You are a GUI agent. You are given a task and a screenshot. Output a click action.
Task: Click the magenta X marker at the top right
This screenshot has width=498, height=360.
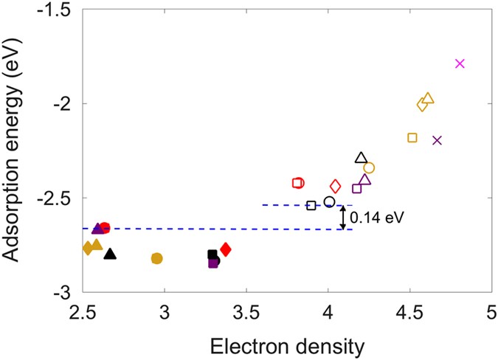[460, 63]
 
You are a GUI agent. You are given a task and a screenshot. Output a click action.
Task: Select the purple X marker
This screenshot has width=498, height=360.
[437, 140]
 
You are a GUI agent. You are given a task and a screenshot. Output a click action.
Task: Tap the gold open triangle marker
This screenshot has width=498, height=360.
[429, 99]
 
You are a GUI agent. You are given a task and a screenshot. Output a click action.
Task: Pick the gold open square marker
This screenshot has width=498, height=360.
[412, 137]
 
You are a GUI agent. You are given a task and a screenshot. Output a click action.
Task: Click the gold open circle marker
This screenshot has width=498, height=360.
[369, 168]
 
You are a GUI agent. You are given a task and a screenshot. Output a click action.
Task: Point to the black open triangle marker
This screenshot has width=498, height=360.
[361, 157]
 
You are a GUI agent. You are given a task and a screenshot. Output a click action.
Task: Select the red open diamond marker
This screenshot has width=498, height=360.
[335, 187]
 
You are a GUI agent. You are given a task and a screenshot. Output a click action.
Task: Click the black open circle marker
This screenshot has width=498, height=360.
[329, 201]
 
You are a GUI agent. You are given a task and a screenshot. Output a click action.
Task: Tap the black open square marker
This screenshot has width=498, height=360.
[311, 205]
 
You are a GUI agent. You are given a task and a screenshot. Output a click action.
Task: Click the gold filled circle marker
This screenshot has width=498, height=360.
[156, 258]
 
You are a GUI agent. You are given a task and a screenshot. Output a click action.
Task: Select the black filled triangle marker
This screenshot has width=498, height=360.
[110, 255]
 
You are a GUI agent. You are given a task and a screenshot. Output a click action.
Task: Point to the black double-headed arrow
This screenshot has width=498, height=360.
[342, 217]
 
